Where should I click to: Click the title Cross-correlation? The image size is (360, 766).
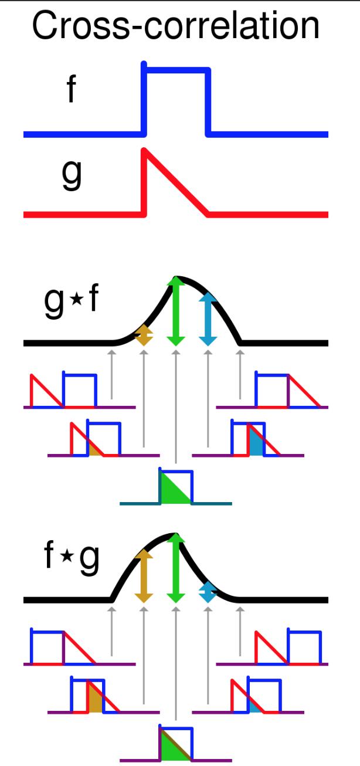pos(176,26)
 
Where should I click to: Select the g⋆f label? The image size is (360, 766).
pos(72,303)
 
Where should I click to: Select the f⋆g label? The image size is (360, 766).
pos(72,560)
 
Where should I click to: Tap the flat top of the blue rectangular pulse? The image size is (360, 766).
pos(176,71)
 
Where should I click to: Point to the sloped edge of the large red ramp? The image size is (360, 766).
pos(176,182)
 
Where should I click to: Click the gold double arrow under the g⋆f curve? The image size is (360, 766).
pos(144,335)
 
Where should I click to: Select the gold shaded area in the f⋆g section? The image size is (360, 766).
pos(94,700)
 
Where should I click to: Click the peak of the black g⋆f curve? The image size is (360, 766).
pos(176,277)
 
